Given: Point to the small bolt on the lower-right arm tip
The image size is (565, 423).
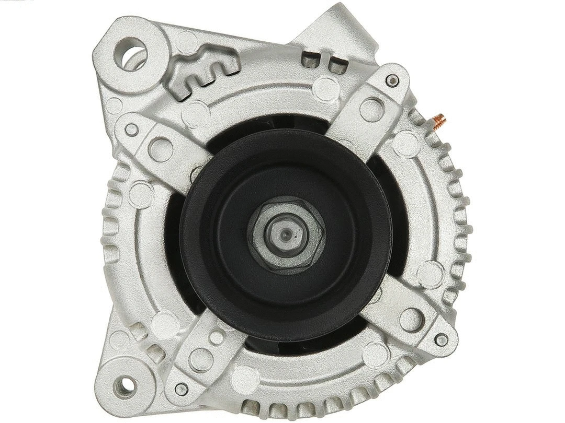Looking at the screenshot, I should coord(442,340).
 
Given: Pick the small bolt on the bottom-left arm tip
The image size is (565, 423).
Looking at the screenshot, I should coord(182,389).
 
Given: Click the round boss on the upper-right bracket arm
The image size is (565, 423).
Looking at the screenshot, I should coord(371,109).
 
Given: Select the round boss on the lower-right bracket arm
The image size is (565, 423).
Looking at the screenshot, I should coord(411,317).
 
